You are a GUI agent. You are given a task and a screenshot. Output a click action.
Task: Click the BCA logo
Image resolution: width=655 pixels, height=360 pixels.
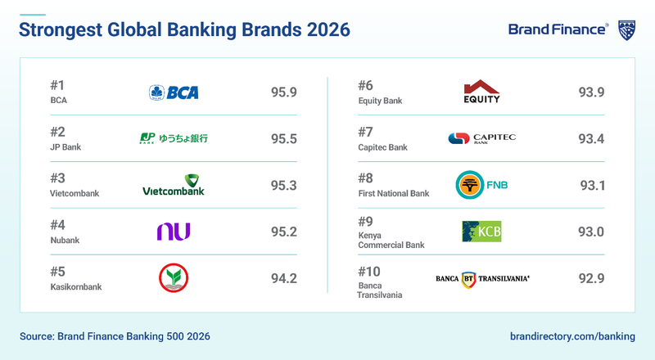174,92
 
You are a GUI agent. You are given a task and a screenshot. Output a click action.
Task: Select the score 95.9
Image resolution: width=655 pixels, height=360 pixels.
283,92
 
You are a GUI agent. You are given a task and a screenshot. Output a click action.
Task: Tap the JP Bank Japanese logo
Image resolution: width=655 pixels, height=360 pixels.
174,138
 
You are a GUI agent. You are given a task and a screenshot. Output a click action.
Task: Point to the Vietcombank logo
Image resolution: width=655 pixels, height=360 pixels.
174,186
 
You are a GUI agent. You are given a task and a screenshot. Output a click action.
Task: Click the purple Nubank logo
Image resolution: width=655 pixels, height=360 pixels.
174,232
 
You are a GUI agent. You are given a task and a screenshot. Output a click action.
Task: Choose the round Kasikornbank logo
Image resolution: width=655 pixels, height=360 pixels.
174,278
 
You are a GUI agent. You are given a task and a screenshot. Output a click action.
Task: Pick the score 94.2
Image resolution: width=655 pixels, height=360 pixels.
283,278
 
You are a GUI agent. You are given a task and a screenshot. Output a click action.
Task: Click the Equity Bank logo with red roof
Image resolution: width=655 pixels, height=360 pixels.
481,92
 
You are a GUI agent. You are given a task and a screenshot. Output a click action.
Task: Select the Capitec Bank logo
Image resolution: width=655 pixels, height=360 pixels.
481,138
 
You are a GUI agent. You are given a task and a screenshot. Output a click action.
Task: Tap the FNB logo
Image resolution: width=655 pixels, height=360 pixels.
481,186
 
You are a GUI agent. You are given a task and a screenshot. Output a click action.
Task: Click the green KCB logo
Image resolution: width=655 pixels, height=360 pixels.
481,232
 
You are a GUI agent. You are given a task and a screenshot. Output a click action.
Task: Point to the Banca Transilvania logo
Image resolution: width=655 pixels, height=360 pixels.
482,278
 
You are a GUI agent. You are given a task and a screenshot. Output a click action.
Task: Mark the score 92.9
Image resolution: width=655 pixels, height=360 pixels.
591,278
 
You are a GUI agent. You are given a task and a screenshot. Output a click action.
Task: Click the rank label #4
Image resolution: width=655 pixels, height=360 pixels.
58,224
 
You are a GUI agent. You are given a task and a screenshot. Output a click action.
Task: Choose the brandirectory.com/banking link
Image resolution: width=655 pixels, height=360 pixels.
571,336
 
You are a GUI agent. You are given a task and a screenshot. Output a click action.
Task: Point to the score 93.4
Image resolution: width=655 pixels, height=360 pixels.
591,138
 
